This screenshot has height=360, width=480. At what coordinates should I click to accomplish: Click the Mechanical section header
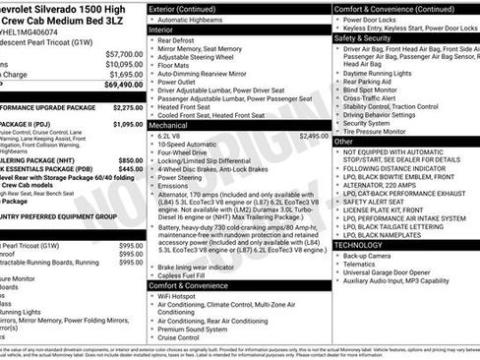coord(169,126)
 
